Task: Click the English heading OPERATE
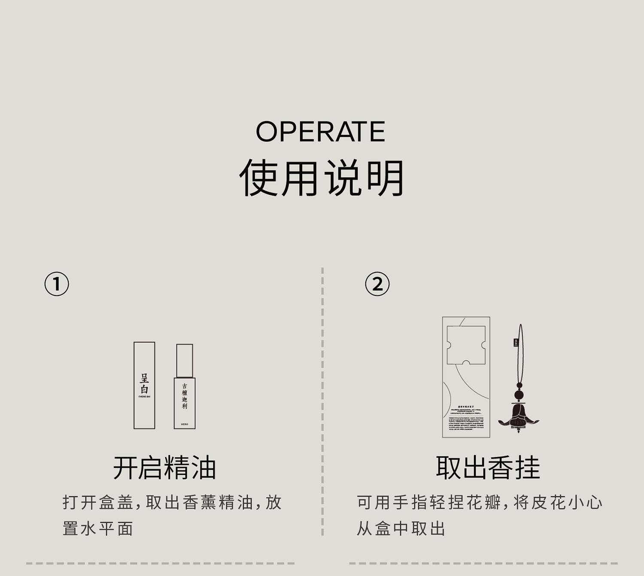click(x=320, y=132)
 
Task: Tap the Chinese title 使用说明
click(x=322, y=178)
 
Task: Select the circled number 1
click(x=57, y=284)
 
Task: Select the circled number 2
click(x=377, y=284)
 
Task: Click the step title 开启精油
click(x=164, y=467)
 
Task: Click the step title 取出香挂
click(x=488, y=467)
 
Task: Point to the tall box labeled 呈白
click(x=144, y=385)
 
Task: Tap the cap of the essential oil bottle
click(x=185, y=360)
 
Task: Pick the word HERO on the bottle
click(x=185, y=424)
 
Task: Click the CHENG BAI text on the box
click(x=144, y=397)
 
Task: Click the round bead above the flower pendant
click(x=519, y=395)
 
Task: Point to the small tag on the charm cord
click(x=516, y=343)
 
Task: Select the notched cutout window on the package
click(x=466, y=345)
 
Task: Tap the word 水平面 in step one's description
click(x=107, y=529)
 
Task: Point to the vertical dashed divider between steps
click(x=322, y=401)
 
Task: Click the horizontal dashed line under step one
click(x=160, y=563)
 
